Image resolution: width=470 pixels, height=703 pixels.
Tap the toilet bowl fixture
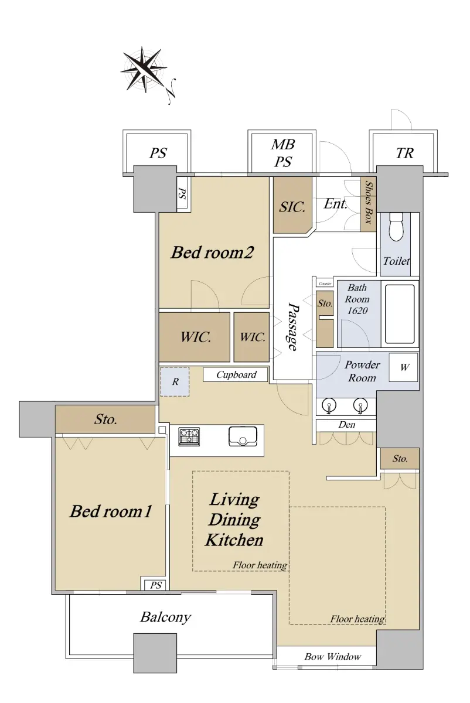pos(396,227)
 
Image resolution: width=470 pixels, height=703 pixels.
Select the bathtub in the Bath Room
pos(400,314)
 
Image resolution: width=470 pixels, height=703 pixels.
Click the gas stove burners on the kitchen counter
pos(189,436)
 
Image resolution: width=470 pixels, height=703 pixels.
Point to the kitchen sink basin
pos(243,436)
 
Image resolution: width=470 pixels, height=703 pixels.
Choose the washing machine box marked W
pos(403,367)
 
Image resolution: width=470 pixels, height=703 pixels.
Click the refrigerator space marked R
pos(175,381)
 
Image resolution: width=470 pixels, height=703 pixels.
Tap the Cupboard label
pos(236,375)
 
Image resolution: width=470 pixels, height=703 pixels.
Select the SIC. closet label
pos(292,207)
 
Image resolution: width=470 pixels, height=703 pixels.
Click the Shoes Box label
pos(368,203)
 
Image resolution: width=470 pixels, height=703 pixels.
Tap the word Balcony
pos(165,617)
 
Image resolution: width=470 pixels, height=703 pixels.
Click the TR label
pos(404,153)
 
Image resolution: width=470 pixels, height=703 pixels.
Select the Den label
pos(346,425)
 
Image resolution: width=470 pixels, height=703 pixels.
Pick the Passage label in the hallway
pos(293,326)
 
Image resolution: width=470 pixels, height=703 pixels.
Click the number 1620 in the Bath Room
pos(357,310)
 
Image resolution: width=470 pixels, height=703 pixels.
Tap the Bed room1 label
pos(111,511)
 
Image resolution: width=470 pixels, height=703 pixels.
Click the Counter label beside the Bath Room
pos(325,284)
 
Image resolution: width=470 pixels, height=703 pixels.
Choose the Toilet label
pos(396,261)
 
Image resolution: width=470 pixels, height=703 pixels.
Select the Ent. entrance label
pos(335,204)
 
